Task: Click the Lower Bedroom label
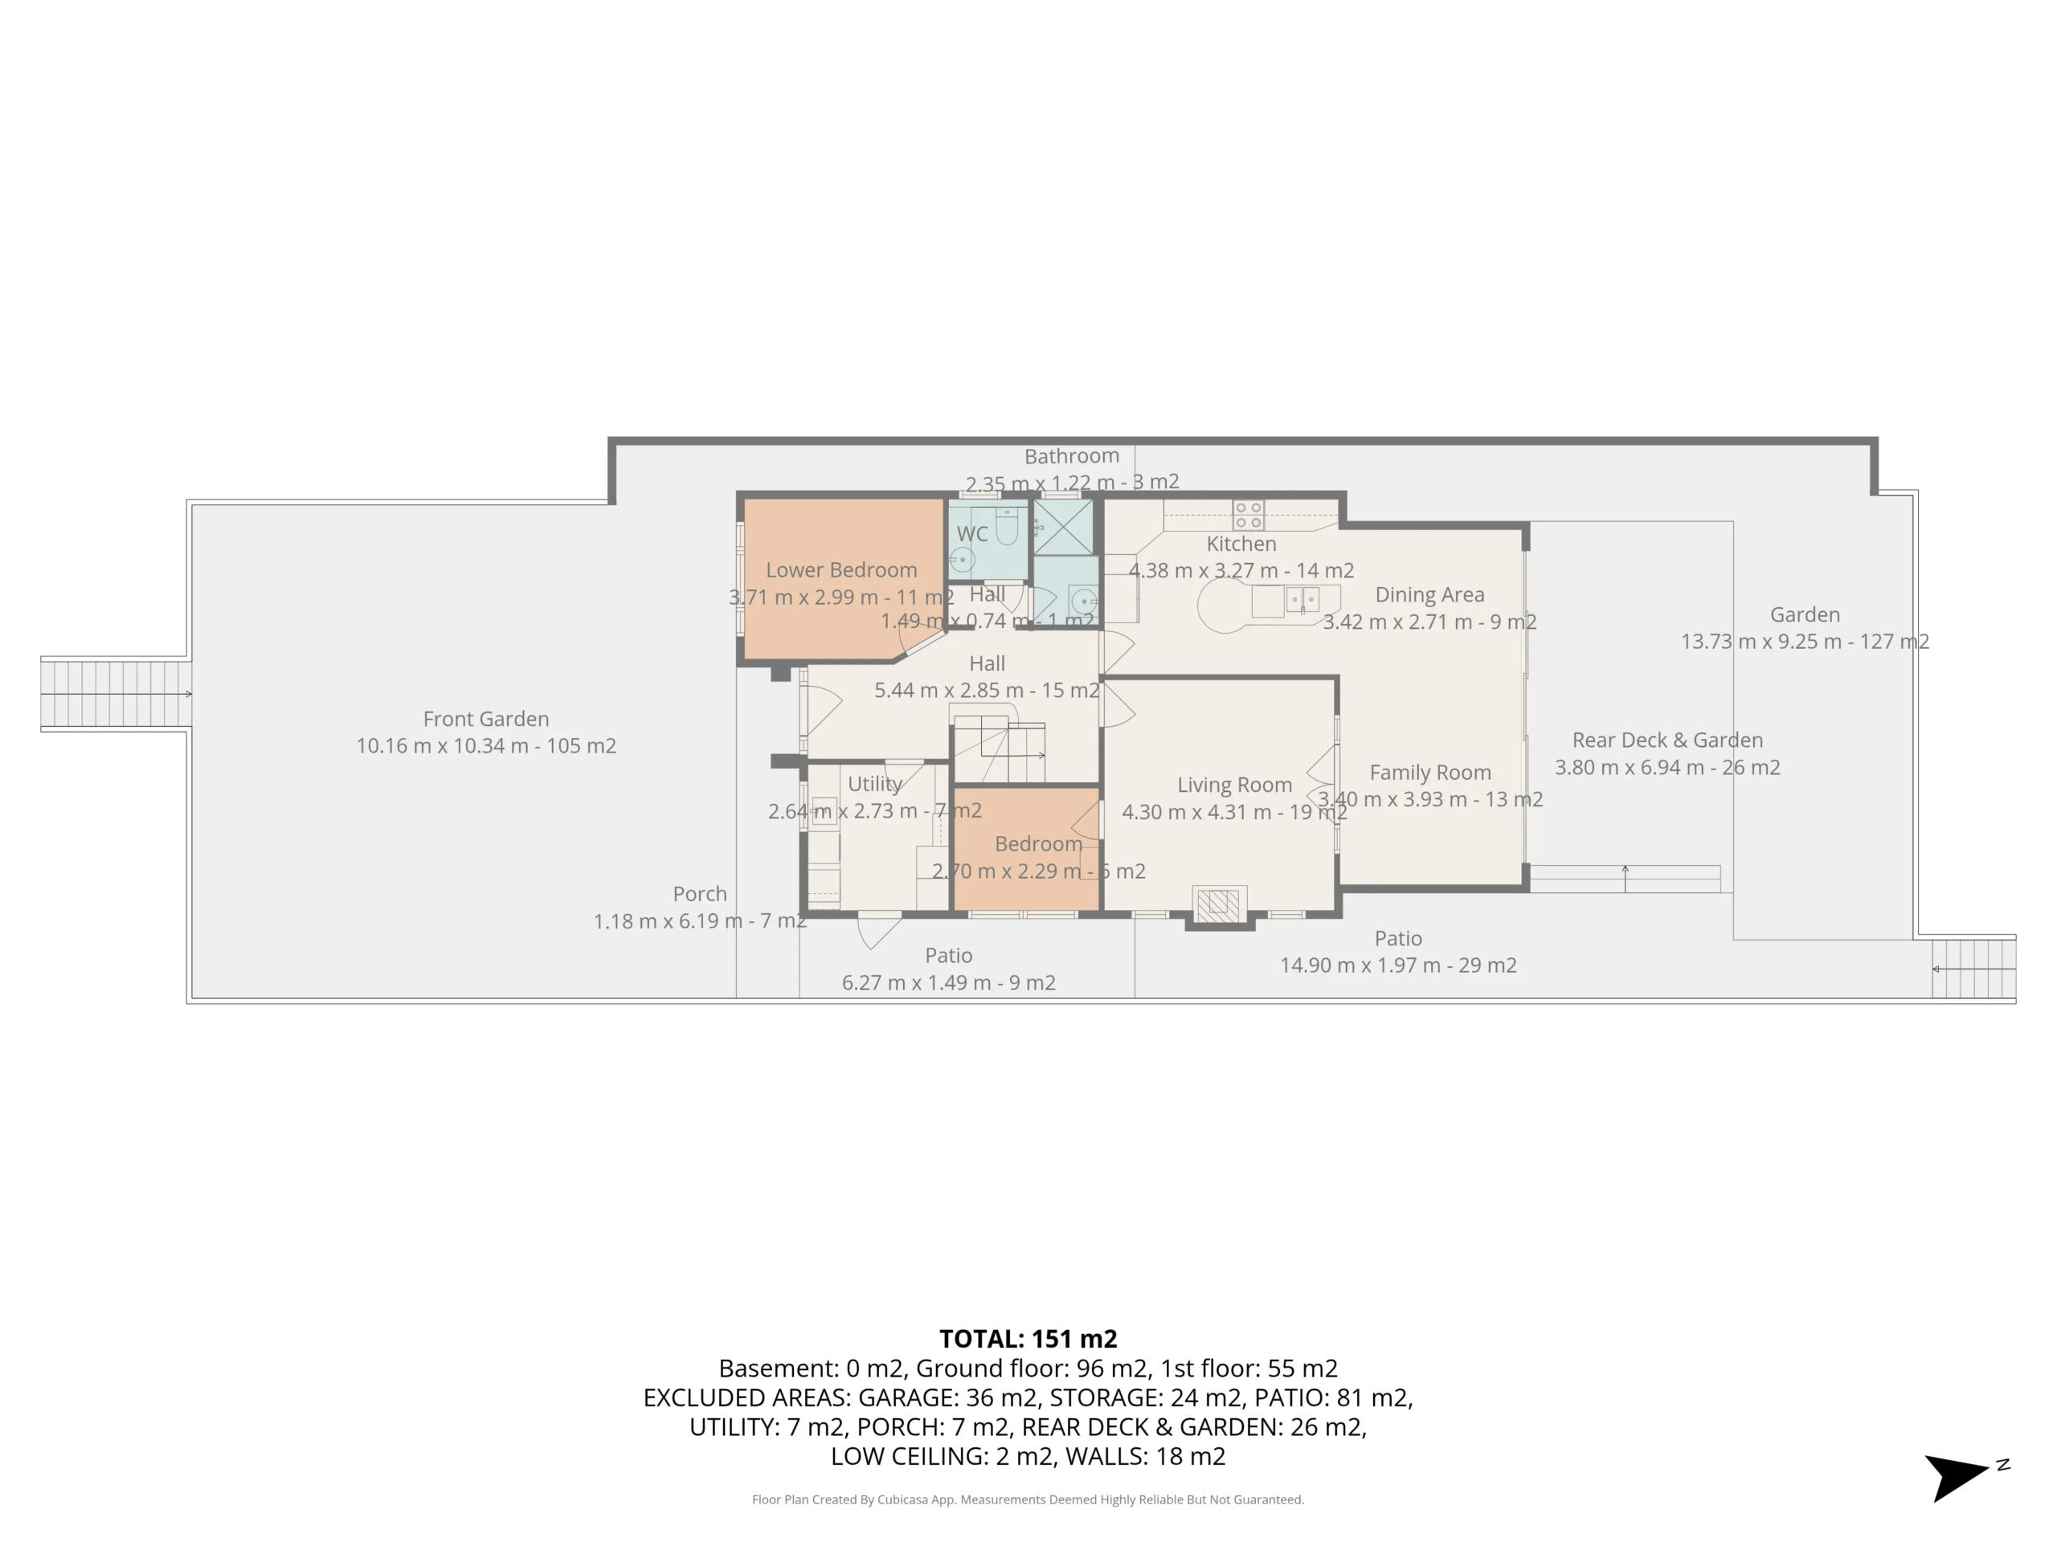click(x=840, y=569)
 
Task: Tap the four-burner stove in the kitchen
click(x=1248, y=515)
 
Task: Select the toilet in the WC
click(x=1005, y=527)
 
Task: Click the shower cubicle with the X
click(x=1064, y=527)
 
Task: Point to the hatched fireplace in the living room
click(x=1218, y=904)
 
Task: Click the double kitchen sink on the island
click(x=1302, y=601)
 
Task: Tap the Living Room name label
click(x=1234, y=785)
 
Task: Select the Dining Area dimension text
click(x=1429, y=622)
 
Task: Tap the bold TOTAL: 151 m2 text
click(x=1028, y=1339)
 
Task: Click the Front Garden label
click(x=485, y=719)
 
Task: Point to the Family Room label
click(x=1430, y=773)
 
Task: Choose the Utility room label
click(x=874, y=784)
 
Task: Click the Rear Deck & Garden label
click(x=1667, y=740)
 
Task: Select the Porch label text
click(x=699, y=893)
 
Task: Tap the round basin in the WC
click(x=963, y=560)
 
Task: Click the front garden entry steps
click(x=116, y=693)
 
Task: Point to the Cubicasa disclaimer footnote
click(x=1028, y=1499)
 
